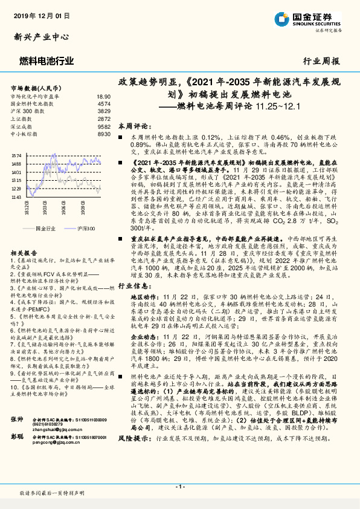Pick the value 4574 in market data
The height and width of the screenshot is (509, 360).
(104, 104)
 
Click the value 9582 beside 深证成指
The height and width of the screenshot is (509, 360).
(104, 126)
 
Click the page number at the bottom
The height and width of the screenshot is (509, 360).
(179, 485)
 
